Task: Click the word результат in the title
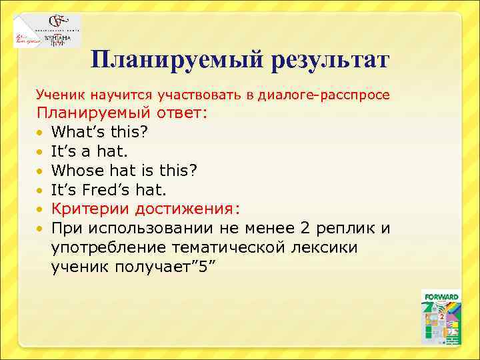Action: (x=329, y=61)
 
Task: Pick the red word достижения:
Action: (x=185, y=209)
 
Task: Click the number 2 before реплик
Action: (x=306, y=229)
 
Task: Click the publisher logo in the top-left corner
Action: (x=46, y=30)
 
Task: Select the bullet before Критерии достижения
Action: (x=41, y=209)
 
